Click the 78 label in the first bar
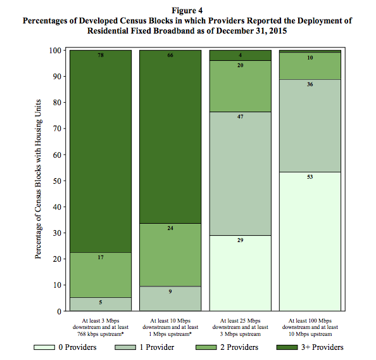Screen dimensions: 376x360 [101, 55]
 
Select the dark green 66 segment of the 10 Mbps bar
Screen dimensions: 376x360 [170, 137]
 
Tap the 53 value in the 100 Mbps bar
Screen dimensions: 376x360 [310, 177]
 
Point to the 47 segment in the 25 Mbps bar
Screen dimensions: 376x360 [241, 174]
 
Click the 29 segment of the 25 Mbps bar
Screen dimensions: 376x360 [241, 273]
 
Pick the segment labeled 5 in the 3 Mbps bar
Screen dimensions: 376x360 [101, 304]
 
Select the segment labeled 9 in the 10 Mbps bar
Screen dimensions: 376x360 [170, 299]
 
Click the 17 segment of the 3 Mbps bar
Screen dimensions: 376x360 [101, 275]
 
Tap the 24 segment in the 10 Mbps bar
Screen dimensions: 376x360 [170, 255]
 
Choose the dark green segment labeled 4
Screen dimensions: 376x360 [241, 56]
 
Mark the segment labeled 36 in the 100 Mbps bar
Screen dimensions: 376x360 [310, 125]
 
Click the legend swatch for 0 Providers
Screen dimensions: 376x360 [44, 347]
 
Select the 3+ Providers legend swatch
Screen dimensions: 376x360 [287, 347]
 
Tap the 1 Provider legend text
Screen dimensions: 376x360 [157, 347]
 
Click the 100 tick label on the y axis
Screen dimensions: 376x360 [56, 51]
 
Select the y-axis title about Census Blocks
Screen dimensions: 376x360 [38, 179]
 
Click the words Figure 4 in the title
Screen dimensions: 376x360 [187, 11]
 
